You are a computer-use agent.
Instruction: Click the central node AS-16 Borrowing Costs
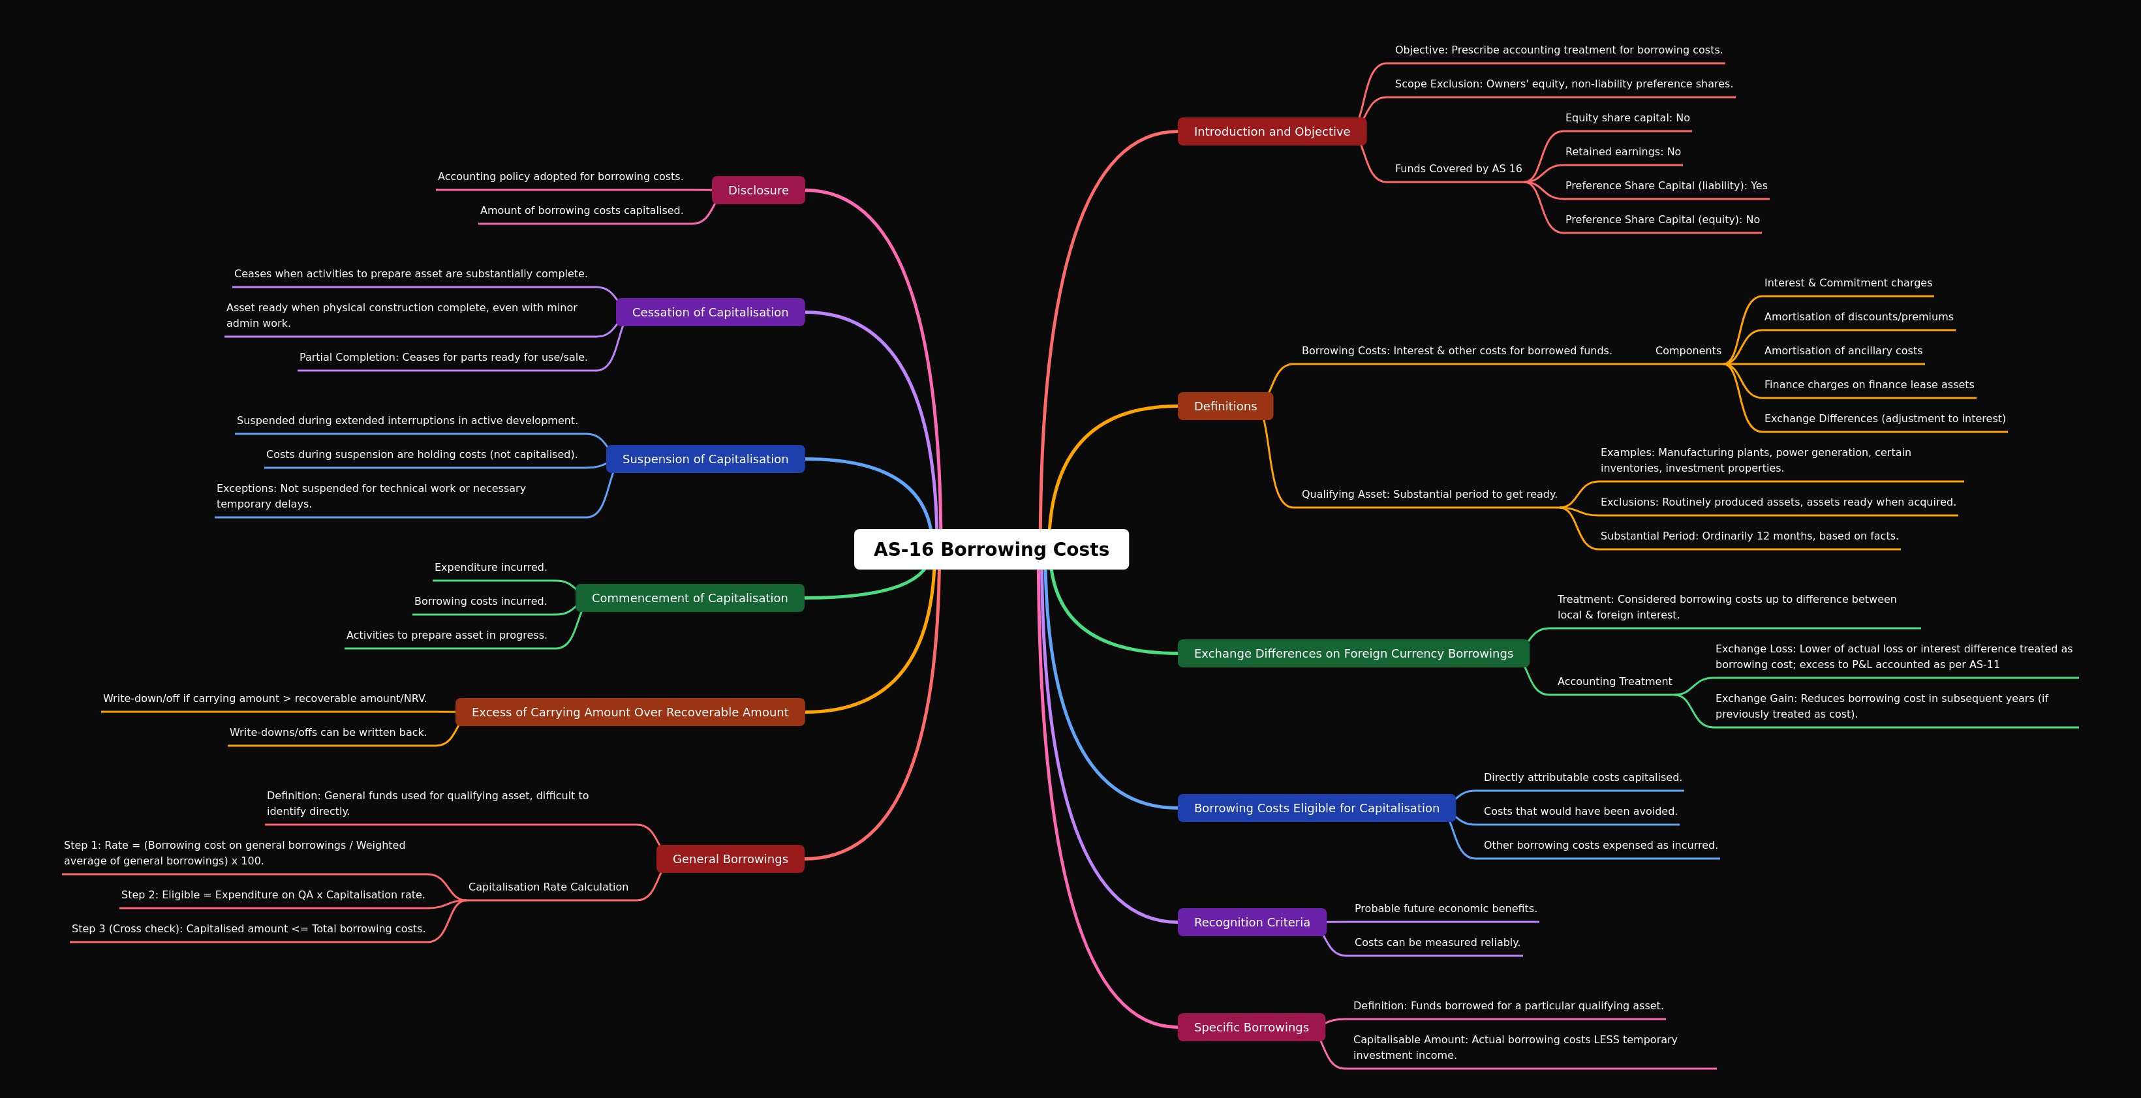[991, 549]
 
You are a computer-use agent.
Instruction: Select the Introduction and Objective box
[1272, 131]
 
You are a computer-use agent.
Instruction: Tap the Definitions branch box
[1225, 406]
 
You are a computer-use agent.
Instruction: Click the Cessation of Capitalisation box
[710, 313]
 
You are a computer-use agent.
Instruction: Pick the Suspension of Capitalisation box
[705, 459]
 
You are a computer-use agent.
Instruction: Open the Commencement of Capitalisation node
[690, 598]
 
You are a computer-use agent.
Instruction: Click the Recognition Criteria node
[1252, 922]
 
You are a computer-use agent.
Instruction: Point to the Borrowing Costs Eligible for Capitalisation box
[1317, 808]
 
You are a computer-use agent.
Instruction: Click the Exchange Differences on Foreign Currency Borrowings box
[1353, 653]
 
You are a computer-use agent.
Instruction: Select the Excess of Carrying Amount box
[630, 712]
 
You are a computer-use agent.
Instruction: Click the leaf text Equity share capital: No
[1627, 118]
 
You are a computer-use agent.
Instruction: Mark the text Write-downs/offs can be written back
[328, 732]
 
